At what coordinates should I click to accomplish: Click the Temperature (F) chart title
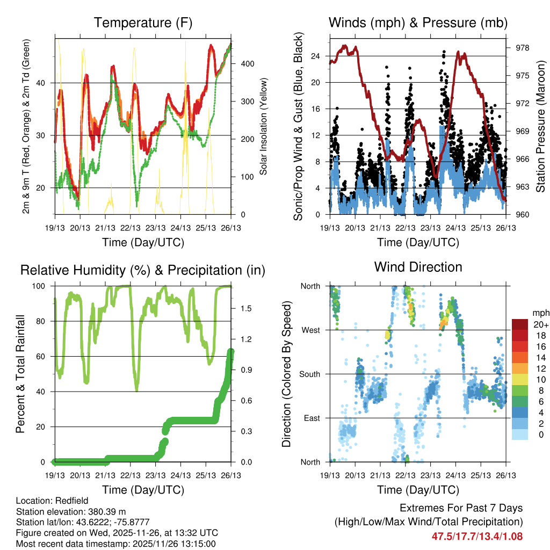(x=143, y=23)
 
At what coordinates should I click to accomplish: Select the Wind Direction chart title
(x=418, y=267)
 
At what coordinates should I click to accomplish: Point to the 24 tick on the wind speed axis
(x=316, y=56)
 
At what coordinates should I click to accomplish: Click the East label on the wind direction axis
(x=311, y=418)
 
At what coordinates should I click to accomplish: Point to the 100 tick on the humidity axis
(x=41, y=286)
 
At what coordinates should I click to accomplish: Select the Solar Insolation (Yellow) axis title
(x=264, y=127)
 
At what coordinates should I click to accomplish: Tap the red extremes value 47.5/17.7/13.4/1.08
(x=477, y=536)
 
